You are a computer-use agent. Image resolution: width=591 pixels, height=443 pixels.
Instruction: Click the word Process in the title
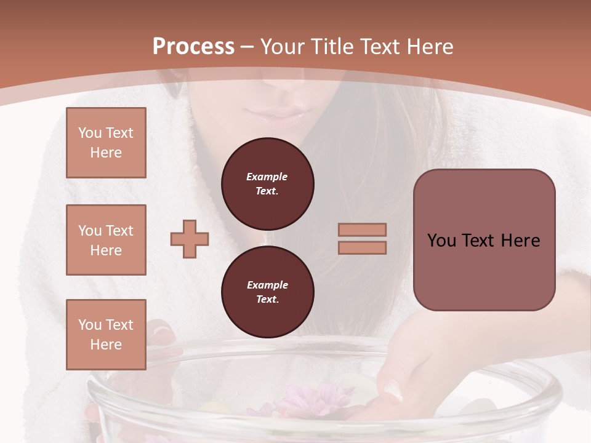193,47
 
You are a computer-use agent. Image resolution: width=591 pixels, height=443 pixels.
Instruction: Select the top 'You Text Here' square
106,143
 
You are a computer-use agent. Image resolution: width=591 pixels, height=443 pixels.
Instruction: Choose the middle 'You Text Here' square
106,240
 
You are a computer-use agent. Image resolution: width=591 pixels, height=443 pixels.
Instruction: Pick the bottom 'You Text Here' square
106,335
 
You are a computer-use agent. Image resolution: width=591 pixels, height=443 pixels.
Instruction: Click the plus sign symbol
190,239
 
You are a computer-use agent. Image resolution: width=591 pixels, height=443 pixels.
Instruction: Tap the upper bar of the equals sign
362,229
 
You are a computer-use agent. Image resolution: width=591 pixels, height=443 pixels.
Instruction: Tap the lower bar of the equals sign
362,247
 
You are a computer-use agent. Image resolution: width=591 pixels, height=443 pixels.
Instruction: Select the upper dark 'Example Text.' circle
267,183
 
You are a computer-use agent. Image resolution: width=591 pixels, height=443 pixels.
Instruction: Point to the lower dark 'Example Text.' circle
267,292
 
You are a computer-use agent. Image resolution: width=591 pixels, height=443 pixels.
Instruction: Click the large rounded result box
484,240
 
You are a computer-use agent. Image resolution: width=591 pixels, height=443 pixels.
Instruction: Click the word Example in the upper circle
267,177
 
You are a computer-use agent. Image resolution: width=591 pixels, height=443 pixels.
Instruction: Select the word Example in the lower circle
267,285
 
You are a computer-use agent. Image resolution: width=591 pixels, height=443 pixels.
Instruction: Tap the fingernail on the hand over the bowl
391,388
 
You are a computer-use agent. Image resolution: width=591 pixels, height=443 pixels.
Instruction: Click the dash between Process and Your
247,47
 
